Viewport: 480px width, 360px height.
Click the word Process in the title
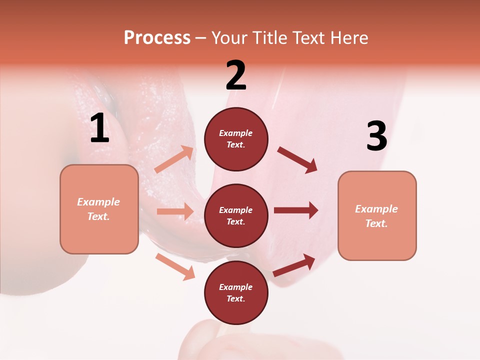click(x=157, y=38)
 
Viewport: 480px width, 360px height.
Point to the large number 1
click(x=99, y=129)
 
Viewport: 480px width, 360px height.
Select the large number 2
click(x=236, y=75)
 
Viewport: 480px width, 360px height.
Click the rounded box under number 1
click(x=99, y=209)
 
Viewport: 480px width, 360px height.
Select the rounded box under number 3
click(x=377, y=216)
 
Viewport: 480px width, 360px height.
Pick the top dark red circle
click(x=236, y=139)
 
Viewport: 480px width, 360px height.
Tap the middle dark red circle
click(x=236, y=216)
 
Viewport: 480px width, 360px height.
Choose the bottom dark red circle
click(x=236, y=293)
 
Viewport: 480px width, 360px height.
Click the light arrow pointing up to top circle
click(x=174, y=159)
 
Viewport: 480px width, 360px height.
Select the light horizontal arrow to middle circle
click(x=175, y=211)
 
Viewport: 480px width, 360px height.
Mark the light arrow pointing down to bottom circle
click(x=175, y=266)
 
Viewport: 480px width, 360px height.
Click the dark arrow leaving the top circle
click(x=297, y=160)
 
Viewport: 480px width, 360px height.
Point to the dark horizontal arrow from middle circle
click(x=296, y=210)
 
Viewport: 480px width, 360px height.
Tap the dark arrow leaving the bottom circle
click(x=294, y=265)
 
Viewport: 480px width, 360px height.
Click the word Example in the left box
click(x=98, y=202)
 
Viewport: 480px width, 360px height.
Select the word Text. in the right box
click(x=376, y=223)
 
